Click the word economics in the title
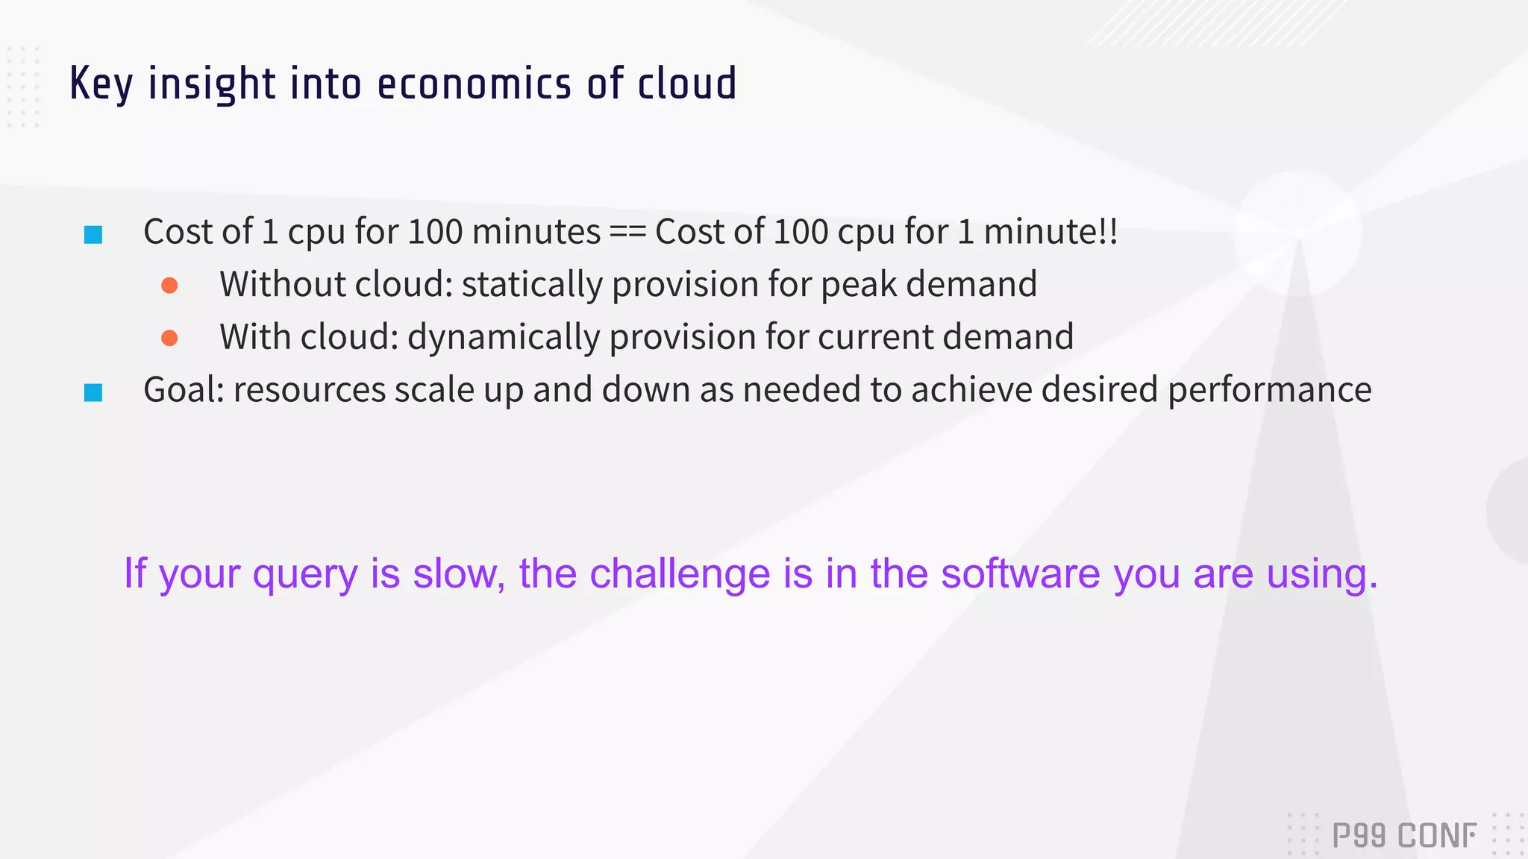coord(474,84)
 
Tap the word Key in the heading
coord(101,84)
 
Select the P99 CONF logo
coord(1404,835)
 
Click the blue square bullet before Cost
coord(93,235)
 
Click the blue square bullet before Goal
coord(93,392)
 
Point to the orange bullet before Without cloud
coord(169,286)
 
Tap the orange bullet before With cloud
coord(169,339)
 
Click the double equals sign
coord(627,233)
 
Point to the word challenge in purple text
coord(680,573)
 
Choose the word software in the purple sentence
coord(1021,573)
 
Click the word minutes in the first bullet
coord(536,232)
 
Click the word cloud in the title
coord(686,84)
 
